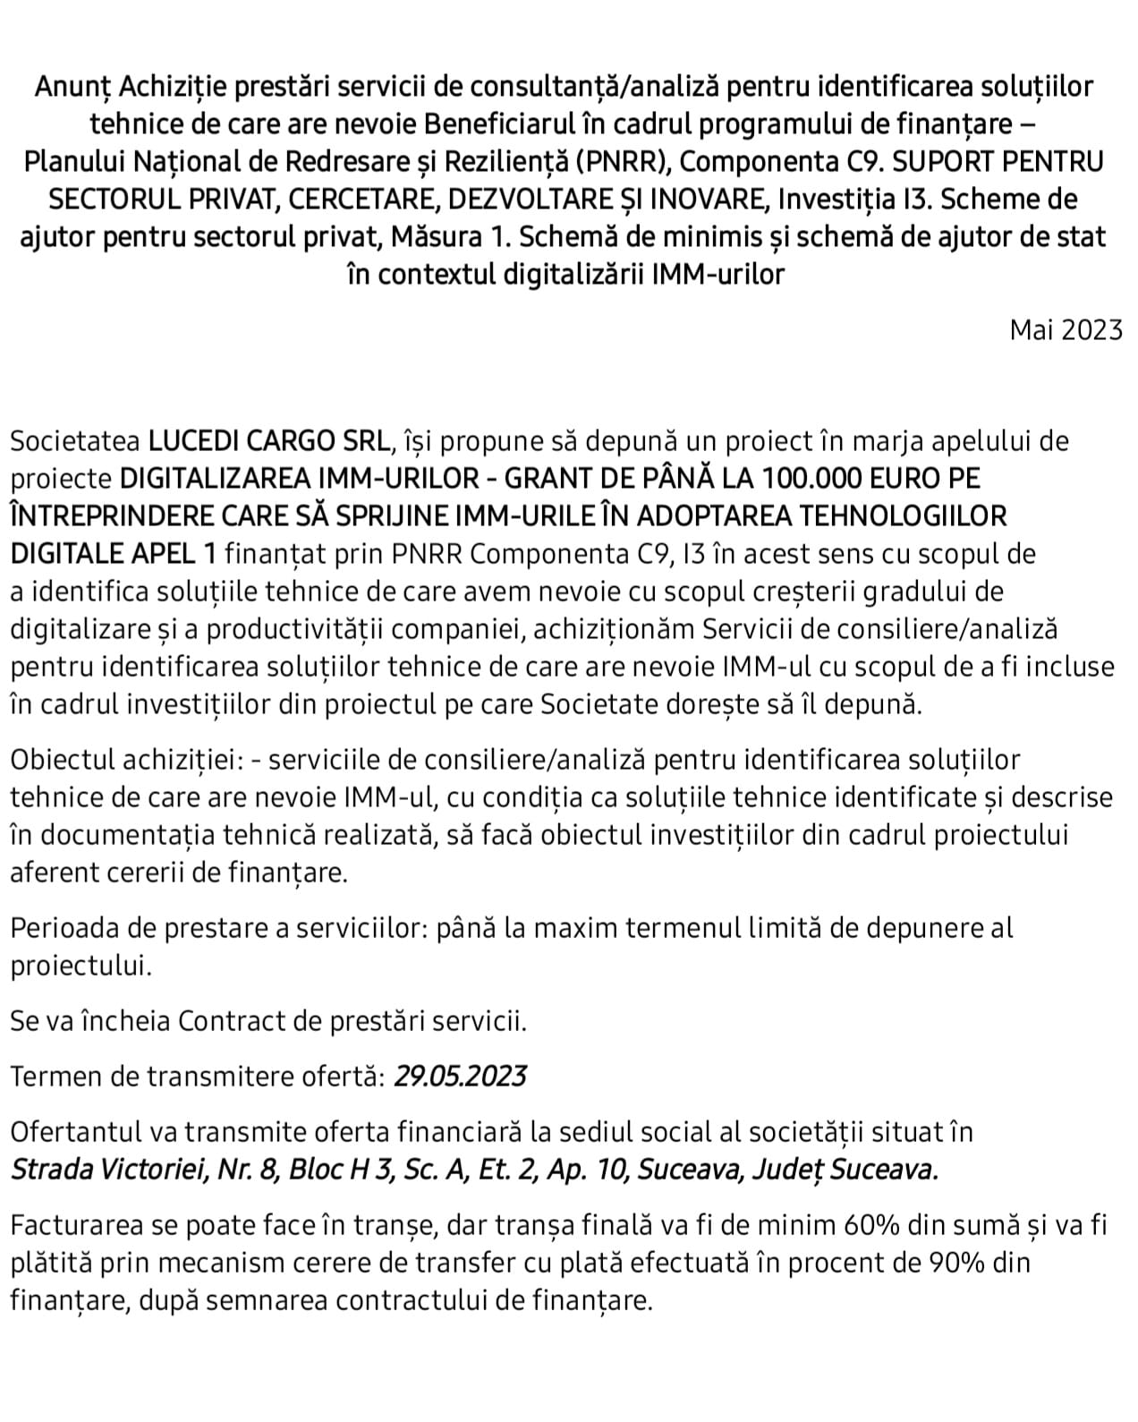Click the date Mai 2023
point(1066,330)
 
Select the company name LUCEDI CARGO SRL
point(270,441)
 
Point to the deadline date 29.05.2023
point(460,1076)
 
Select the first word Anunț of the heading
point(73,87)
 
